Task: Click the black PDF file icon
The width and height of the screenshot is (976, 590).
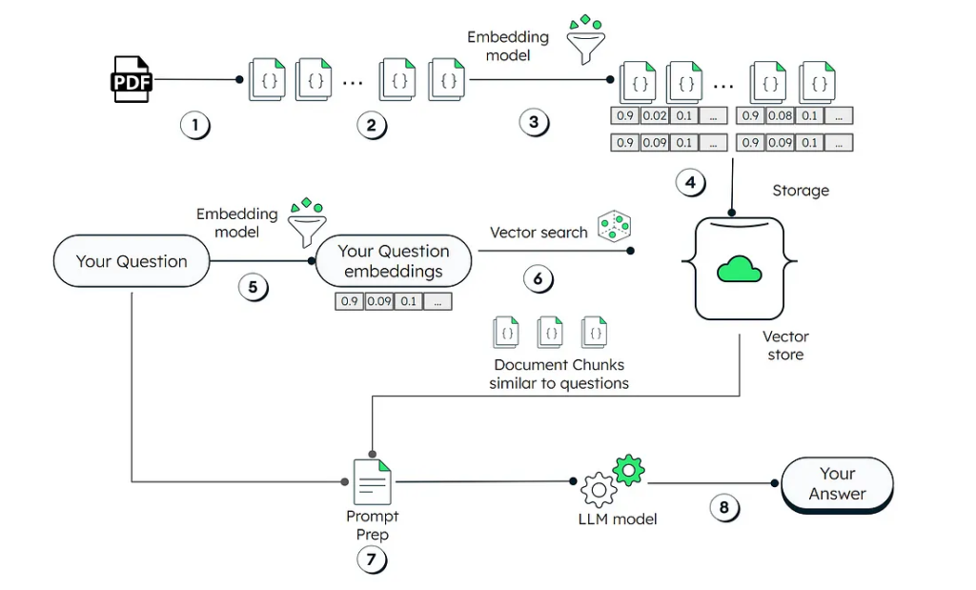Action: click(132, 80)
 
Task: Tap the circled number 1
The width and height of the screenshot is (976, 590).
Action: click(195, 125)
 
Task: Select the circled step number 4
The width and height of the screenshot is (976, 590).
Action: click(690, 182)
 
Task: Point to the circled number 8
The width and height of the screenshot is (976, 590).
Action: click(724, 507)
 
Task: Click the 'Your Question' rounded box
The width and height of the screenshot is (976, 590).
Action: click(132, 261)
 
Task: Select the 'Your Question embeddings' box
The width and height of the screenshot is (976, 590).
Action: click(394, 261)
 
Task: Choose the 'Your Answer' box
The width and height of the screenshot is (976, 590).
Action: click(837, 484)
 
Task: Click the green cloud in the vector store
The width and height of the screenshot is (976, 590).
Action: click(739, 270)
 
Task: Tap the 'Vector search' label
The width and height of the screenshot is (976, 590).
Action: click(539, 233)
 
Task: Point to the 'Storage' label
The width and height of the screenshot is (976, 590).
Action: click(801, 191)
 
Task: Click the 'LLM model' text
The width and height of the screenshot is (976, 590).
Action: click(618, 519)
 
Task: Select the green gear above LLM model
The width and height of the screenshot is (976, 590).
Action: click(629, 471)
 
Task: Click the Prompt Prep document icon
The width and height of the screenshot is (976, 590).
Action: click(373, 481)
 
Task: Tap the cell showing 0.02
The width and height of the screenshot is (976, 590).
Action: click(655, 115)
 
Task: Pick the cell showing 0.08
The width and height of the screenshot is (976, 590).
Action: click(780, 115)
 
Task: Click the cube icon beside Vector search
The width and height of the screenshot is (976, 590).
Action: click(615, 226)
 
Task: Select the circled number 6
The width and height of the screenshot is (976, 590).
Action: click(538, 278)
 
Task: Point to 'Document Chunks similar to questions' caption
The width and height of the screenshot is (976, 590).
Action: click(559, 374)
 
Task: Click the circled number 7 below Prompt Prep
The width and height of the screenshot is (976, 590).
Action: click(372, 559)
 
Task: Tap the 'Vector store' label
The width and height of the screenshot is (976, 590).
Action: click(785, 345)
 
